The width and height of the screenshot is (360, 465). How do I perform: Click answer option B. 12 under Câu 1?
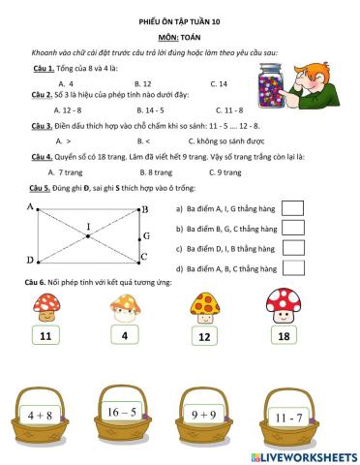click(x=142, y=83)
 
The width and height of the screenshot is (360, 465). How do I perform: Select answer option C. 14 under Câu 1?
click(x=219, y=83)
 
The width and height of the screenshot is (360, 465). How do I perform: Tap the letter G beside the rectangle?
click(x=146, y=235)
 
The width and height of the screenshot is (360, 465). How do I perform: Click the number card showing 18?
click(x=284, y=335)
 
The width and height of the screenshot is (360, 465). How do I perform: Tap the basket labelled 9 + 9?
click(x=204, y=415)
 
